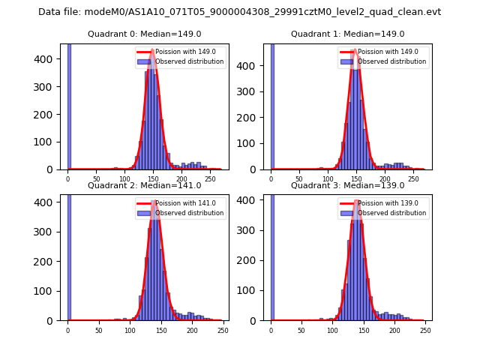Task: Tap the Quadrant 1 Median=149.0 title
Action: (347, 34)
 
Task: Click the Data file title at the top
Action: (240, 12)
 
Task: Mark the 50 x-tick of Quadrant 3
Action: (301, 331)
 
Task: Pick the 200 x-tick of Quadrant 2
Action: (192, 331)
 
